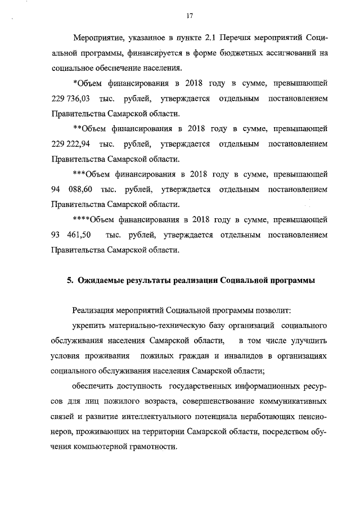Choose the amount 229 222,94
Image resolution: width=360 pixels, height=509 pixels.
(x=71, y=145)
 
